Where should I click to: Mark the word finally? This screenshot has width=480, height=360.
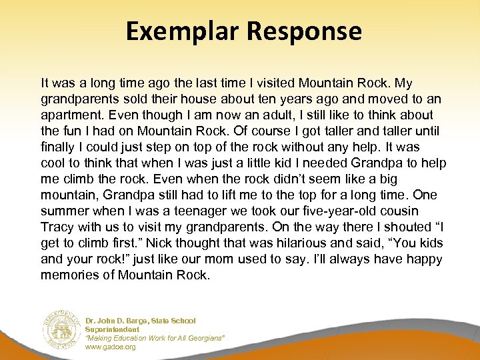(58, 147)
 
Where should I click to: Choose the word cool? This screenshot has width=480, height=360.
(53, 163)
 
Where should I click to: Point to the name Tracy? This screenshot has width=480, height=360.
(57, 227)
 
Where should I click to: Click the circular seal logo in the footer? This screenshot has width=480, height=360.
(61, 328)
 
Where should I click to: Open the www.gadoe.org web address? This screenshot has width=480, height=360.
(111, 347)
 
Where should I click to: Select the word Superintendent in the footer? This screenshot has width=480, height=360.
(113, 329)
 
